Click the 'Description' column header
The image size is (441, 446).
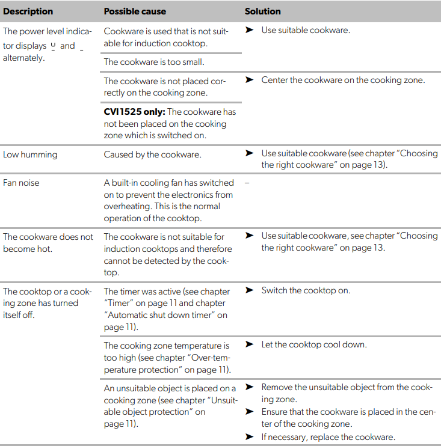[x=28, y=11]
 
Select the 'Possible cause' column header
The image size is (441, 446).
[x=135, y=11]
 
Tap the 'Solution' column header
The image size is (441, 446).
[x=263, y=11]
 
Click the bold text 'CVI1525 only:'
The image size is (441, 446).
[x=134, y=112]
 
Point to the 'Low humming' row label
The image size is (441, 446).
[x=30, y=154]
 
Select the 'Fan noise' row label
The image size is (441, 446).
[x=21, y=183]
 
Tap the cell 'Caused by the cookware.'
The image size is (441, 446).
[x=152, y=154]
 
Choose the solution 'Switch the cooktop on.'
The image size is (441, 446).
[x=306, y=290]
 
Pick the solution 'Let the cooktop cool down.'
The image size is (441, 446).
[x=314, y=344]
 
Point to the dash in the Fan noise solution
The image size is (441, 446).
[x=247, y=183]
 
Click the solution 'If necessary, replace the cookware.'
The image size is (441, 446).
[x=328, y=436]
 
